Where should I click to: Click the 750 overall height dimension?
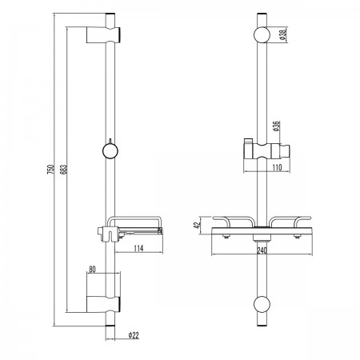[50, 170]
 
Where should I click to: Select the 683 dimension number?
[64, 170]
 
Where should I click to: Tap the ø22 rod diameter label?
[134, 335]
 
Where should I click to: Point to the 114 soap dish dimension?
[138, 248]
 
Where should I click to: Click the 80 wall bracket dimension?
[92, 270]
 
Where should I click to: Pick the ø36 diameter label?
[276, 126]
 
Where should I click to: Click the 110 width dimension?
[277, 167]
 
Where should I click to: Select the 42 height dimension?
[197, 226]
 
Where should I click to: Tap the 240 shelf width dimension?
[262, 250]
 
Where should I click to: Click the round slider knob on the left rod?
[110, 151]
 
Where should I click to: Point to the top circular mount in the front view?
[262, 34]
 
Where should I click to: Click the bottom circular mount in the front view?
[262, 304]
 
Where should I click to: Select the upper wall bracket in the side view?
[103, 34]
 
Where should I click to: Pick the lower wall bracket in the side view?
[103, 304]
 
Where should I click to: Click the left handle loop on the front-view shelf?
[234, 221]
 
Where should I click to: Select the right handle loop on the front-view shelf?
[290, 221]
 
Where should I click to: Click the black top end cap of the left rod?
[110, 14]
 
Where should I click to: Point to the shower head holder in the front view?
[266, 150]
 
